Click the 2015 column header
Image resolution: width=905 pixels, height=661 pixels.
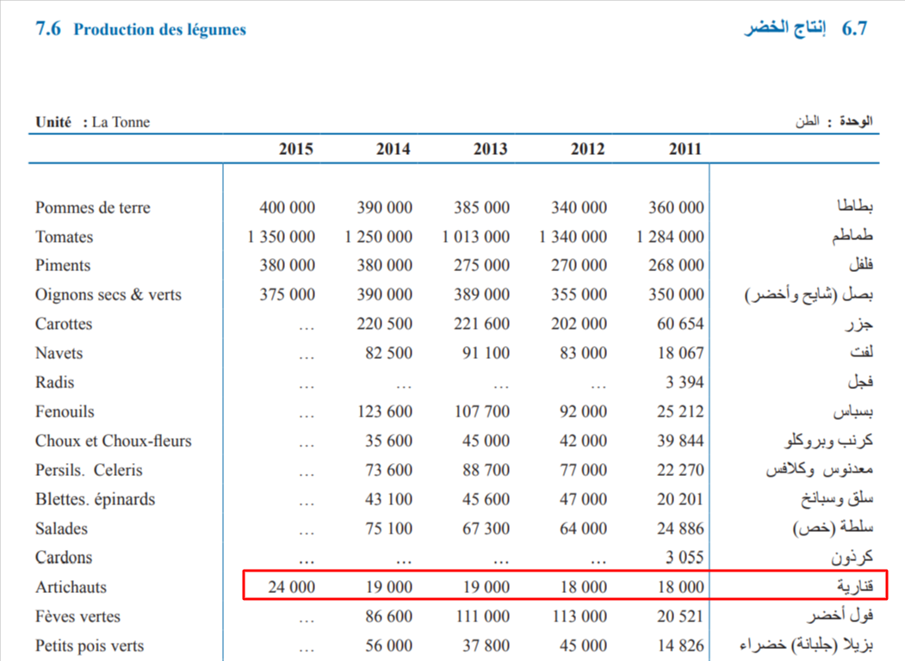[296, 149]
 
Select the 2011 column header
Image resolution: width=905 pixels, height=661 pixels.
[685, 149]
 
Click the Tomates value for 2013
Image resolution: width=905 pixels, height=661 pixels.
[478, 237]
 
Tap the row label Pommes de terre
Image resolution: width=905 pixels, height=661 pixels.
[93, 207]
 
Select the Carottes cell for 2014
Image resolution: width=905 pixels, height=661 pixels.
[384, 324]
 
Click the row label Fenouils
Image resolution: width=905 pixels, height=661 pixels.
[65, 411]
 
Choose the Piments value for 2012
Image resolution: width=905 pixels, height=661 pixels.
[579, 265]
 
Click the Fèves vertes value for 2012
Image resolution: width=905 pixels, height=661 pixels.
[579, 616]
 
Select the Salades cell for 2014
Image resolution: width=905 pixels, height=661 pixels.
[384, 528]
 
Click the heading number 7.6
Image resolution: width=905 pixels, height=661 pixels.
[47, 29]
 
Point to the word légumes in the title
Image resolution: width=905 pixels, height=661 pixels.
[217, 29]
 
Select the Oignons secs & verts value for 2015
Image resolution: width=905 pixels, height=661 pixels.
[288, 294]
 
